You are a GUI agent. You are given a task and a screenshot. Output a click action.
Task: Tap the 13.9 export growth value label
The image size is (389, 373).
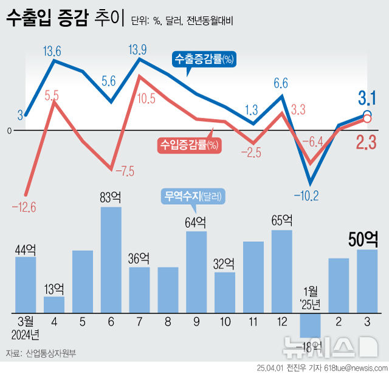tap(139, 49)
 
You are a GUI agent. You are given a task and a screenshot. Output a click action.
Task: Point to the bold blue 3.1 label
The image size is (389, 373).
tap(367, 97)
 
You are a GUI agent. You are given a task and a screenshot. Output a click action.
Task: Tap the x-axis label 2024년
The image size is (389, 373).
tap(25, 333)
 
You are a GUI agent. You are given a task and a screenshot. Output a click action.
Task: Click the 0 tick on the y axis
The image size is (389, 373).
tap(9, 130)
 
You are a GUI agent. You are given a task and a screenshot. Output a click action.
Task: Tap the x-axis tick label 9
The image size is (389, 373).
tap(196, 320)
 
